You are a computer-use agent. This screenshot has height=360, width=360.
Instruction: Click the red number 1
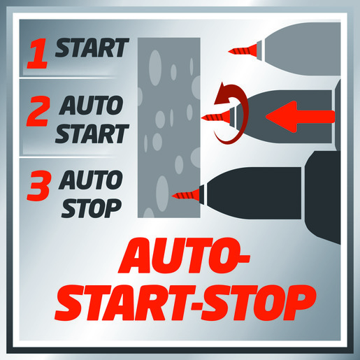tap(38, 53)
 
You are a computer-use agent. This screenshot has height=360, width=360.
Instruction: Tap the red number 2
tap(38, 111)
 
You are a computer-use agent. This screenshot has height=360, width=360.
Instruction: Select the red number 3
tap(38, 186)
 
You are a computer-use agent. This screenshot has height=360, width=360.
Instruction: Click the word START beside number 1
tap(92, 48)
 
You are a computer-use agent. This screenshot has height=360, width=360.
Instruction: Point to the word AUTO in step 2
tap(91, 105)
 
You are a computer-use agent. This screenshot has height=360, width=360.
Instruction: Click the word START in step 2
tap(92, 134)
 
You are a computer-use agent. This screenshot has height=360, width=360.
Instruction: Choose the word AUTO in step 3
tap(91, 180)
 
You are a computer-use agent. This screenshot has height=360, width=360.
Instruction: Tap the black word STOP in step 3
tap(92, 208)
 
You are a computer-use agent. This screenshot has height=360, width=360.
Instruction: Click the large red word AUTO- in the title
tap(184, 256)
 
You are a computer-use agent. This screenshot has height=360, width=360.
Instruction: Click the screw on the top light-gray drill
tap(243, 50)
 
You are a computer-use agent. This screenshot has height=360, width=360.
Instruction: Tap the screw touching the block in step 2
tap(215, 117)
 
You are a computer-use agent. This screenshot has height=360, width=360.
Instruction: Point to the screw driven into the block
tap(186, 194)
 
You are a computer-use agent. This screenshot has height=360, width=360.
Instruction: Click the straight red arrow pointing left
tap(300, 117)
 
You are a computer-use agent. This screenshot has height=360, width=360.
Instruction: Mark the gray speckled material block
tap(169, 128)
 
